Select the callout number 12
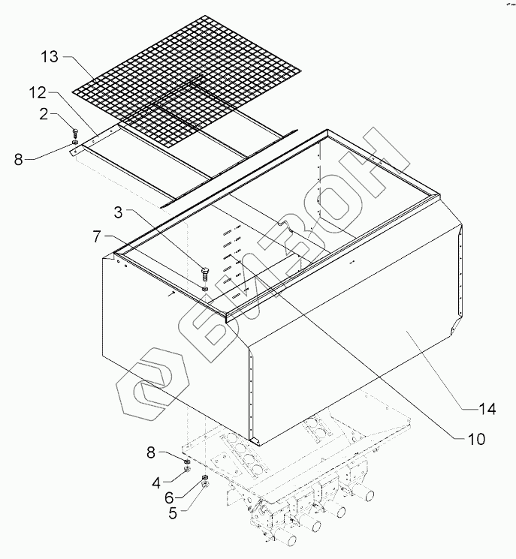39,93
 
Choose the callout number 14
489,408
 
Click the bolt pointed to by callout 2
74,132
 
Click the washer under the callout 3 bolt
205,286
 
